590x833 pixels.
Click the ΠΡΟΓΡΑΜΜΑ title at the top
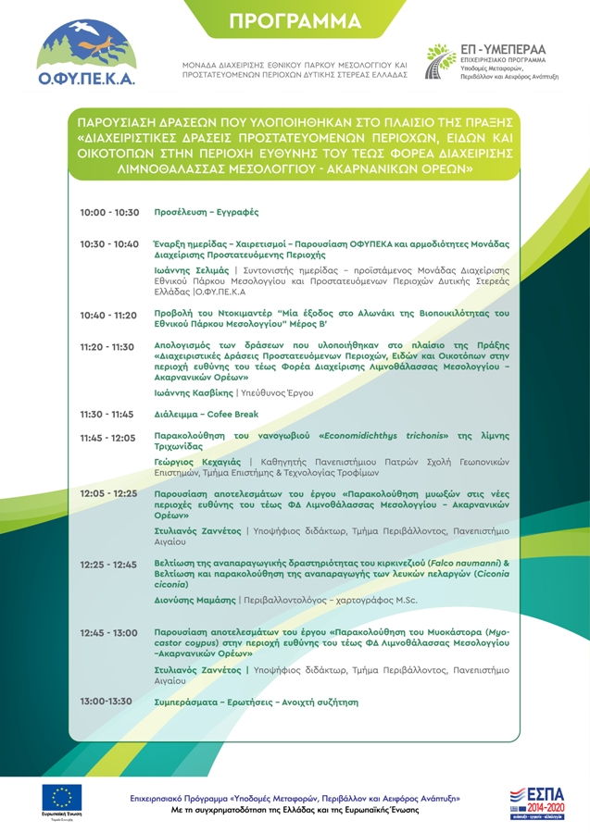pyautogui.click(x=295, y=21)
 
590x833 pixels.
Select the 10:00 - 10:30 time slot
pyautogui.click(x=109, y=213)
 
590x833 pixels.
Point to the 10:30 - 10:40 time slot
pyautogui.click(x=109, y=244)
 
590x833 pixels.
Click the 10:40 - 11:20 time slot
pyautogui.click(x=109, y=316)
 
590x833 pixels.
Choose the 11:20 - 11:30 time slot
pyautogui.click(x=109, y=347)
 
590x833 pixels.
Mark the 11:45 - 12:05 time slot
pyautogui.click(x=109, y=437)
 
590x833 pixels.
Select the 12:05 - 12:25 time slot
pyautogui.click(x=109, y=494)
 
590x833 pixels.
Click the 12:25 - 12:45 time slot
pyautogui.click(x=109, y=564)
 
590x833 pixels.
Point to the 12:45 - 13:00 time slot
pyautogui.click(x=109, y=632)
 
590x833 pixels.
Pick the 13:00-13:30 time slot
pyautogui.click(x=107, y=702)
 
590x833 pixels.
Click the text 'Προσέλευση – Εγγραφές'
pyautogui.click(x=207, y=213)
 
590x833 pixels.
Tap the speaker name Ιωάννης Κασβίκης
pyautogui.click(x=193, y=393)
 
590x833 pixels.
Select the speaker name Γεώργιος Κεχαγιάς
pyautogui.click(x=197, y=461)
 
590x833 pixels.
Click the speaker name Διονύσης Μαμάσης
pyautogui.click(x=195, y=600)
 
